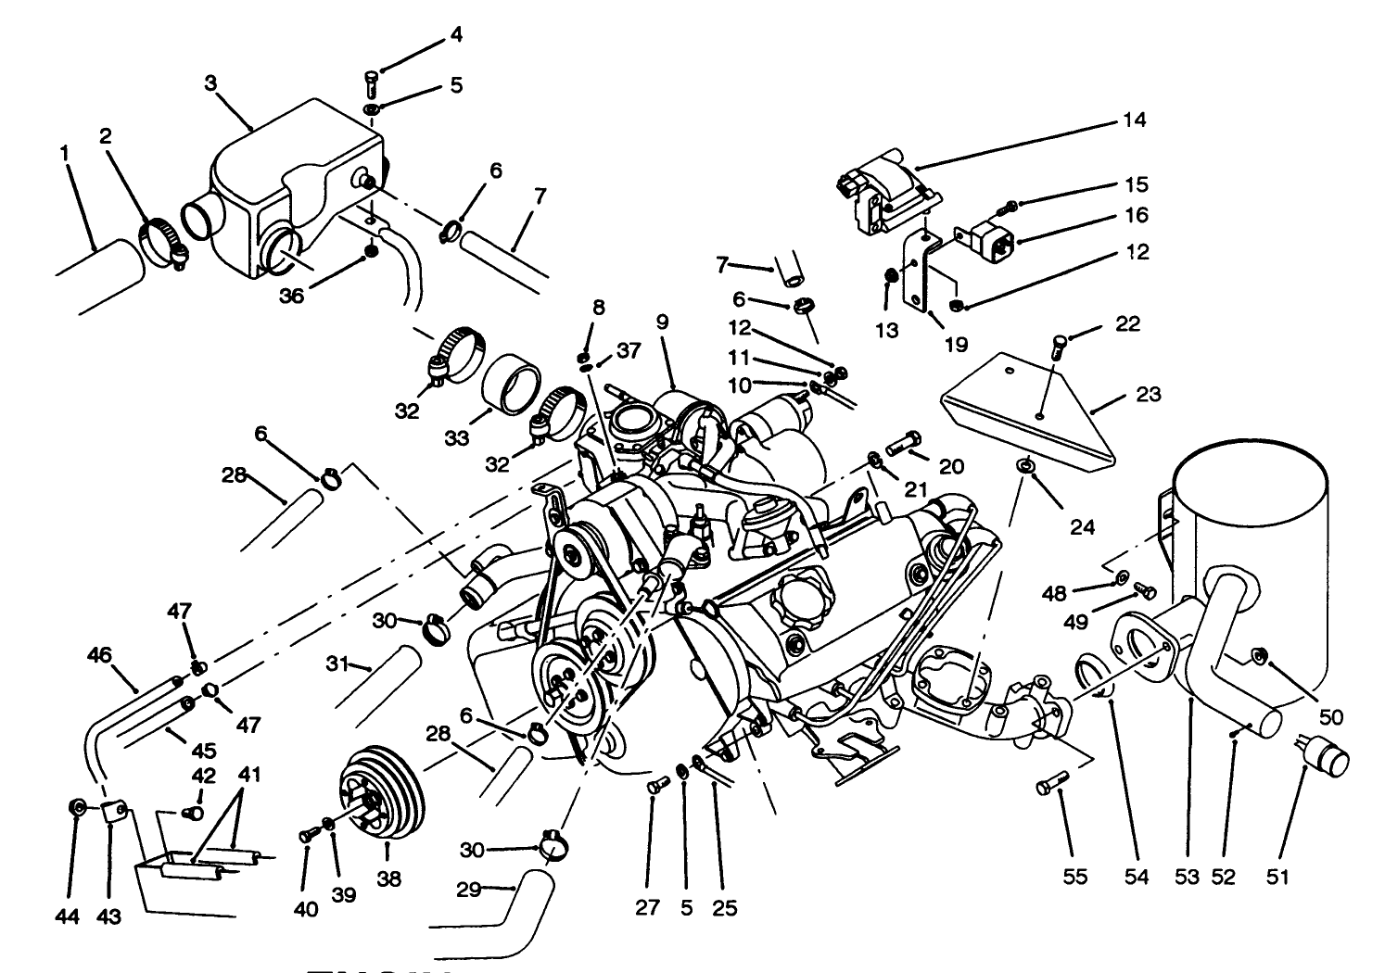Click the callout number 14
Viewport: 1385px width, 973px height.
[x=1133, y=120]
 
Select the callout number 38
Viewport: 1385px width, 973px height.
[x=389, y=878]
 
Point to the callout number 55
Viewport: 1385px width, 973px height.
[x=1075, y=877]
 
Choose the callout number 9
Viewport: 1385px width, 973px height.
[x=661, y=323]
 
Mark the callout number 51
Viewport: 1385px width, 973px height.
[x=1277, y=877]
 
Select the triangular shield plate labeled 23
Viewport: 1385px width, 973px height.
[x=1029, y=408]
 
